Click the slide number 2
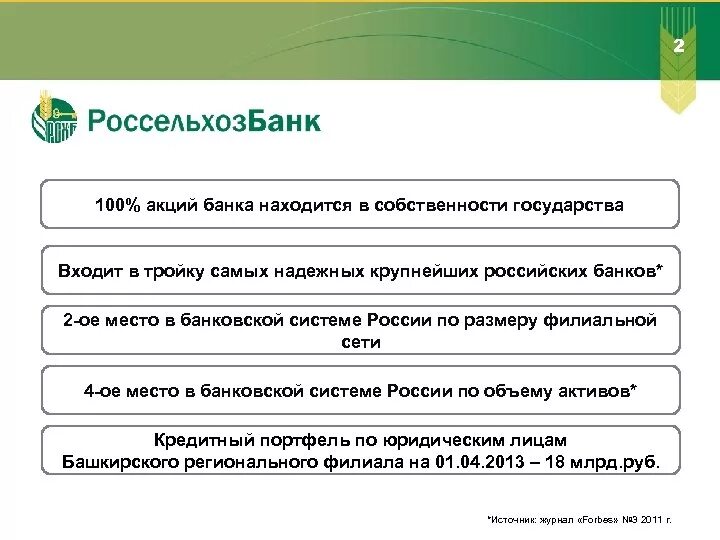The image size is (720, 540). pos(679,48)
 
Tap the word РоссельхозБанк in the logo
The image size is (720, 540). pos(204,122)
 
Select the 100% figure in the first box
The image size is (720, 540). pos(115,205)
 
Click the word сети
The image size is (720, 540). pos(360,342)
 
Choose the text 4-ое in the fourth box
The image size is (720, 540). pos(102,391)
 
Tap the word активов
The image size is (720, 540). pos(597,391)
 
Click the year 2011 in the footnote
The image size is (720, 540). pos(647,521)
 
